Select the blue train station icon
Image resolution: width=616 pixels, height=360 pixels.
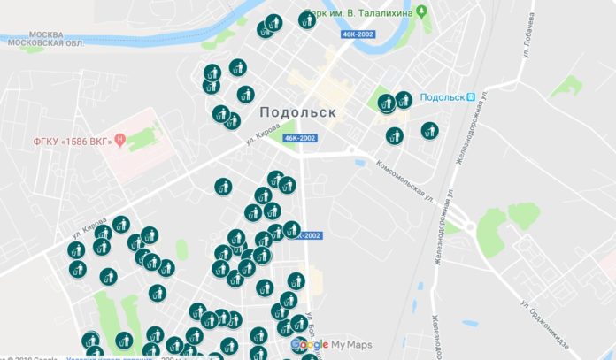pos(471,97)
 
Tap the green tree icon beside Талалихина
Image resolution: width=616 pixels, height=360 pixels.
pos(422,12)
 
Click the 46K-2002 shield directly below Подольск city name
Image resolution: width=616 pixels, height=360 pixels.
pos(300,139)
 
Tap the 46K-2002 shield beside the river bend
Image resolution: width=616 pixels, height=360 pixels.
pos(358,34)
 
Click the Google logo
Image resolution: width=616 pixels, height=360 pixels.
pos(310,344)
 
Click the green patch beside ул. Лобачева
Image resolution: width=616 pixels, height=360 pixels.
pos(566,86)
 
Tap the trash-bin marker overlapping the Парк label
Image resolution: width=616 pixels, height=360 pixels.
pos(307,20)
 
